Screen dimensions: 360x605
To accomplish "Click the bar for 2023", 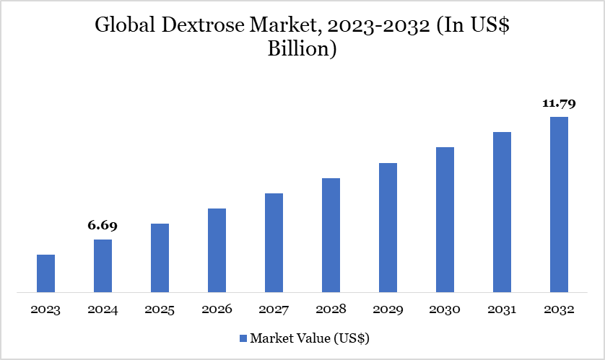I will (x=45, y=273).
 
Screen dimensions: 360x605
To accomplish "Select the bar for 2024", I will (x=103, y=266).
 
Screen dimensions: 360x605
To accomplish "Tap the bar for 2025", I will (x=160, y=258).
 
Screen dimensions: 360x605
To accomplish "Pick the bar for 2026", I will (x=217, y=250).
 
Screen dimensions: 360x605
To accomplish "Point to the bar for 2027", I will (x=274, y=243).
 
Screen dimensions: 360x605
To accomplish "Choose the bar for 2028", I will (x=331, y=235).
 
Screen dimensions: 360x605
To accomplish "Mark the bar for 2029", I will (x=388, y=228).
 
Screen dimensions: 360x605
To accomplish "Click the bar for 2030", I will (x=445, y=220).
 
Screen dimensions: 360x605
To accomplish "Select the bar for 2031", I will (x=502, y=212).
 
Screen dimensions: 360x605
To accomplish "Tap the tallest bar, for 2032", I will (x=559, y=205).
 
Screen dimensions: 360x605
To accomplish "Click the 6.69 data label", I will (x=103, y=226).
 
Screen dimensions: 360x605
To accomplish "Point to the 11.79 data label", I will (x=559, y=104).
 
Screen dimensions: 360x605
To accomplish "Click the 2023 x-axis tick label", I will (x=45, y=309).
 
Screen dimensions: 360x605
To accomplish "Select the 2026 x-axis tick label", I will (x=217, y=309).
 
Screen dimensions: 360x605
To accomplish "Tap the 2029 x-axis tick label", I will (x=388, y=309).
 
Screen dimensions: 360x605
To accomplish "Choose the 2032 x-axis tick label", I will (x=559, y=309).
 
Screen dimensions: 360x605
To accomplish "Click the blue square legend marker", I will (x=243, y=338).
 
